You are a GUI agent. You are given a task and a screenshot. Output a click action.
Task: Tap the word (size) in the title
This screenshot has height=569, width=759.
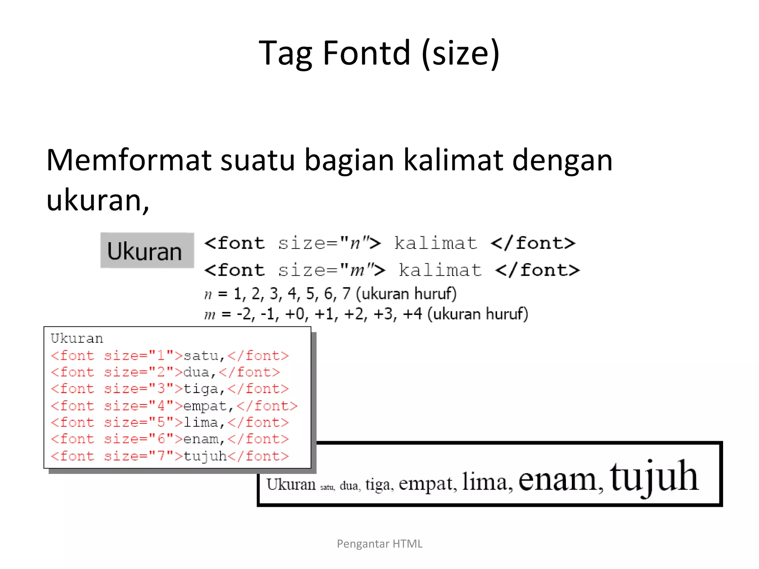pos(461,54)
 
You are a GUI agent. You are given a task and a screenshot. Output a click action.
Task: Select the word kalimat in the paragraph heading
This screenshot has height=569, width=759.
pos(453,160)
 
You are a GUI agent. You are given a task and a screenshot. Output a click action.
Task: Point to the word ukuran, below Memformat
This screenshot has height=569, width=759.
pos(97,200)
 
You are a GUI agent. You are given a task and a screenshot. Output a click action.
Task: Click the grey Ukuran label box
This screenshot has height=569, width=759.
pos(147,250)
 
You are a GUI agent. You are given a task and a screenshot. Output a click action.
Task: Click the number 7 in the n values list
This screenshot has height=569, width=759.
pos(346,294)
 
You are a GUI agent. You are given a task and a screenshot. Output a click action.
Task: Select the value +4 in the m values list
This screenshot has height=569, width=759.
pos(412,314)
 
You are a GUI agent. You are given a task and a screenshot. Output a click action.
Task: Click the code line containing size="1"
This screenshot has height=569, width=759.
pos(170,356)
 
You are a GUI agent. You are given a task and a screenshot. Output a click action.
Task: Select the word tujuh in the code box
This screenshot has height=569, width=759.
pos(205,456)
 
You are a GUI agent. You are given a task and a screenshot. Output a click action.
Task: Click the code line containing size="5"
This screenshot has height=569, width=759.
pos(170,422)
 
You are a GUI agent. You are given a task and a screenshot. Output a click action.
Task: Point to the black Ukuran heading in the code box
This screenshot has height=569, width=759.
pos(77,338)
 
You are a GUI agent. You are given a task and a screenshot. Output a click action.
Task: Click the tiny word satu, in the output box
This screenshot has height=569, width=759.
pos(327,487)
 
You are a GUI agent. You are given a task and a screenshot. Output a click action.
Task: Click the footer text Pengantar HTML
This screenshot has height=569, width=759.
pos(379,544)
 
